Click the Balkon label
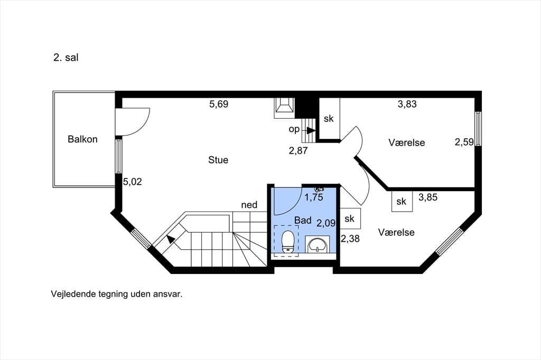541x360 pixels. click(x=82, y=139)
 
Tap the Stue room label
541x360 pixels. click(x=218, y=160)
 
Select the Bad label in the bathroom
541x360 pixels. click(x=303, y=220)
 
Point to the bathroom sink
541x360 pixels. click(x=318, y=245)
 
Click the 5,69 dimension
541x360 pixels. click(x=219, y=104)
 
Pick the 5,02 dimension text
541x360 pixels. click(x=133, y=182)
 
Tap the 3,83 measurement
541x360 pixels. click(x=407, y=104)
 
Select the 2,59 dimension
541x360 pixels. click(x=464, y=142)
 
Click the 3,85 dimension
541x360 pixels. click(x=428, y=197)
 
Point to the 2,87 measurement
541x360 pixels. click(x=298, y=150)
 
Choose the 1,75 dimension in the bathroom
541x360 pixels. click(x=314, y=197)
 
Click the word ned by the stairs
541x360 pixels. click(x=249, y=205)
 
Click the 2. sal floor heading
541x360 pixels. click(x=66, y=58)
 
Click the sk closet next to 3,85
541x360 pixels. click(x=402, y=201)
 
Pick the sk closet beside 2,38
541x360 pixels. click(x=350, y=219)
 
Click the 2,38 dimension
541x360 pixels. click(x=350, y=239)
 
